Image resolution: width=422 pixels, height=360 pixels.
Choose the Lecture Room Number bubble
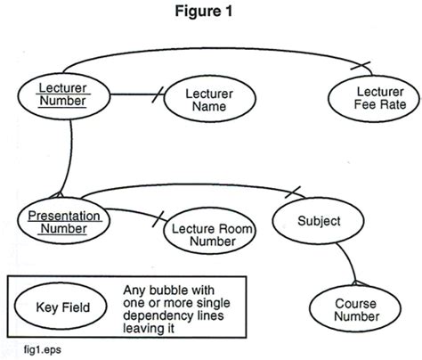coord(209,233)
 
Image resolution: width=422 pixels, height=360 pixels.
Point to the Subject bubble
coord(317,220)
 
